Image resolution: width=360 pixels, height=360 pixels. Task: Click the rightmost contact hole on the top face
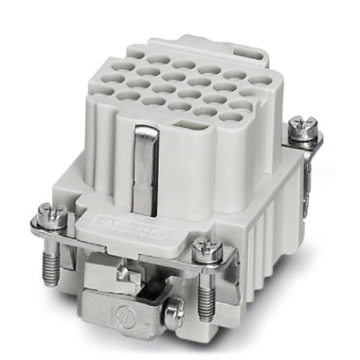click(260, 82)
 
